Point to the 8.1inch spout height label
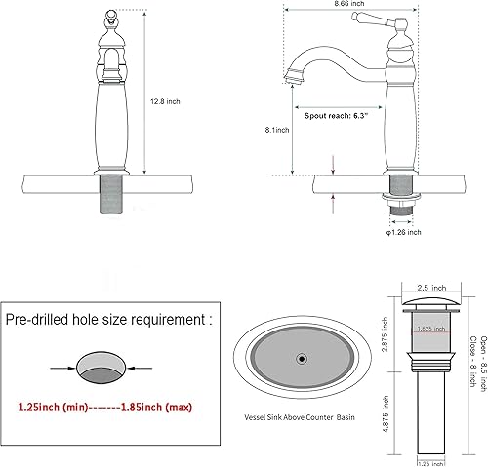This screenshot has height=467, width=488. pos(277,131)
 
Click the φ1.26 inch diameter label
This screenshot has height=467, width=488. pos(401,232)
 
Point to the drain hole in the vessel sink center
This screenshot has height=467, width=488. pos(302,361)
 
